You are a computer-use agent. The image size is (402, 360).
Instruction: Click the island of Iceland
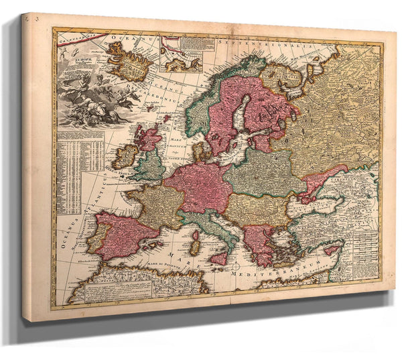pos(129,60)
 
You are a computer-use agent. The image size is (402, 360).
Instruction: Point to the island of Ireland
pos(125,157)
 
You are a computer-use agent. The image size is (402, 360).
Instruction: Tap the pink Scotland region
pos(149,137)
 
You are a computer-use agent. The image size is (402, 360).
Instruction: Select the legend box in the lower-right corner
pos(365,251)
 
